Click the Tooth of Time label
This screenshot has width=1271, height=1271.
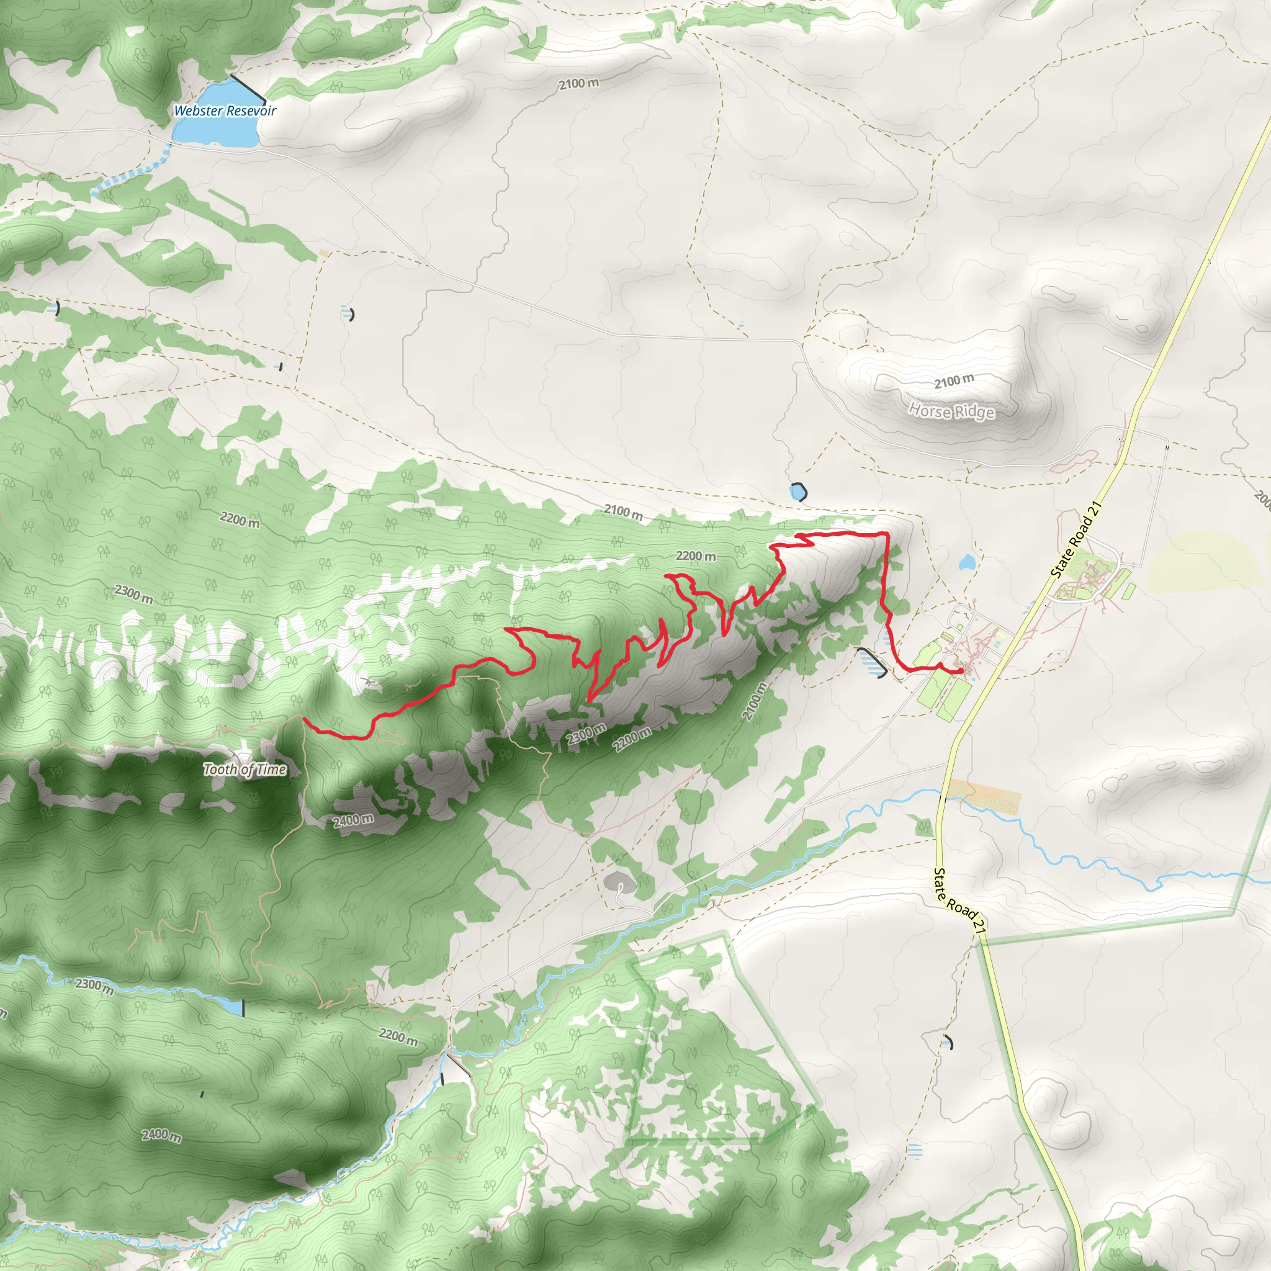pyautogui.click(x=245, y=769)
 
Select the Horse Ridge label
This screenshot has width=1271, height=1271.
pyautogui.click(x=951, y=411)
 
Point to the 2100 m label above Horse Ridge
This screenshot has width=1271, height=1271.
pyautogui.click(x=954, y=381)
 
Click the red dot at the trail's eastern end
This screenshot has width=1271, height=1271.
pyautogui.click(x=961, y=670)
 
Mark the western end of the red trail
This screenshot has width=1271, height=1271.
pyautogui.click(x=303, y=720)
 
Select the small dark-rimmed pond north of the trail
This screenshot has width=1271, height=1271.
pyautogui.click(x=798, y=492)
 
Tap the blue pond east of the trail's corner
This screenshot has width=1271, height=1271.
pyautogui.click(x=966, y=562)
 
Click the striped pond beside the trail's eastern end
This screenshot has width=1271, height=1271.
pyautogui.click(x=871, y=662)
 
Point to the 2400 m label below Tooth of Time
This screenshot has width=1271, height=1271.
pyautogui.click(x=353, y=820)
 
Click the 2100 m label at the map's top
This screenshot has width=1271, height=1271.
pyautogui.click(x=579, y=84)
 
